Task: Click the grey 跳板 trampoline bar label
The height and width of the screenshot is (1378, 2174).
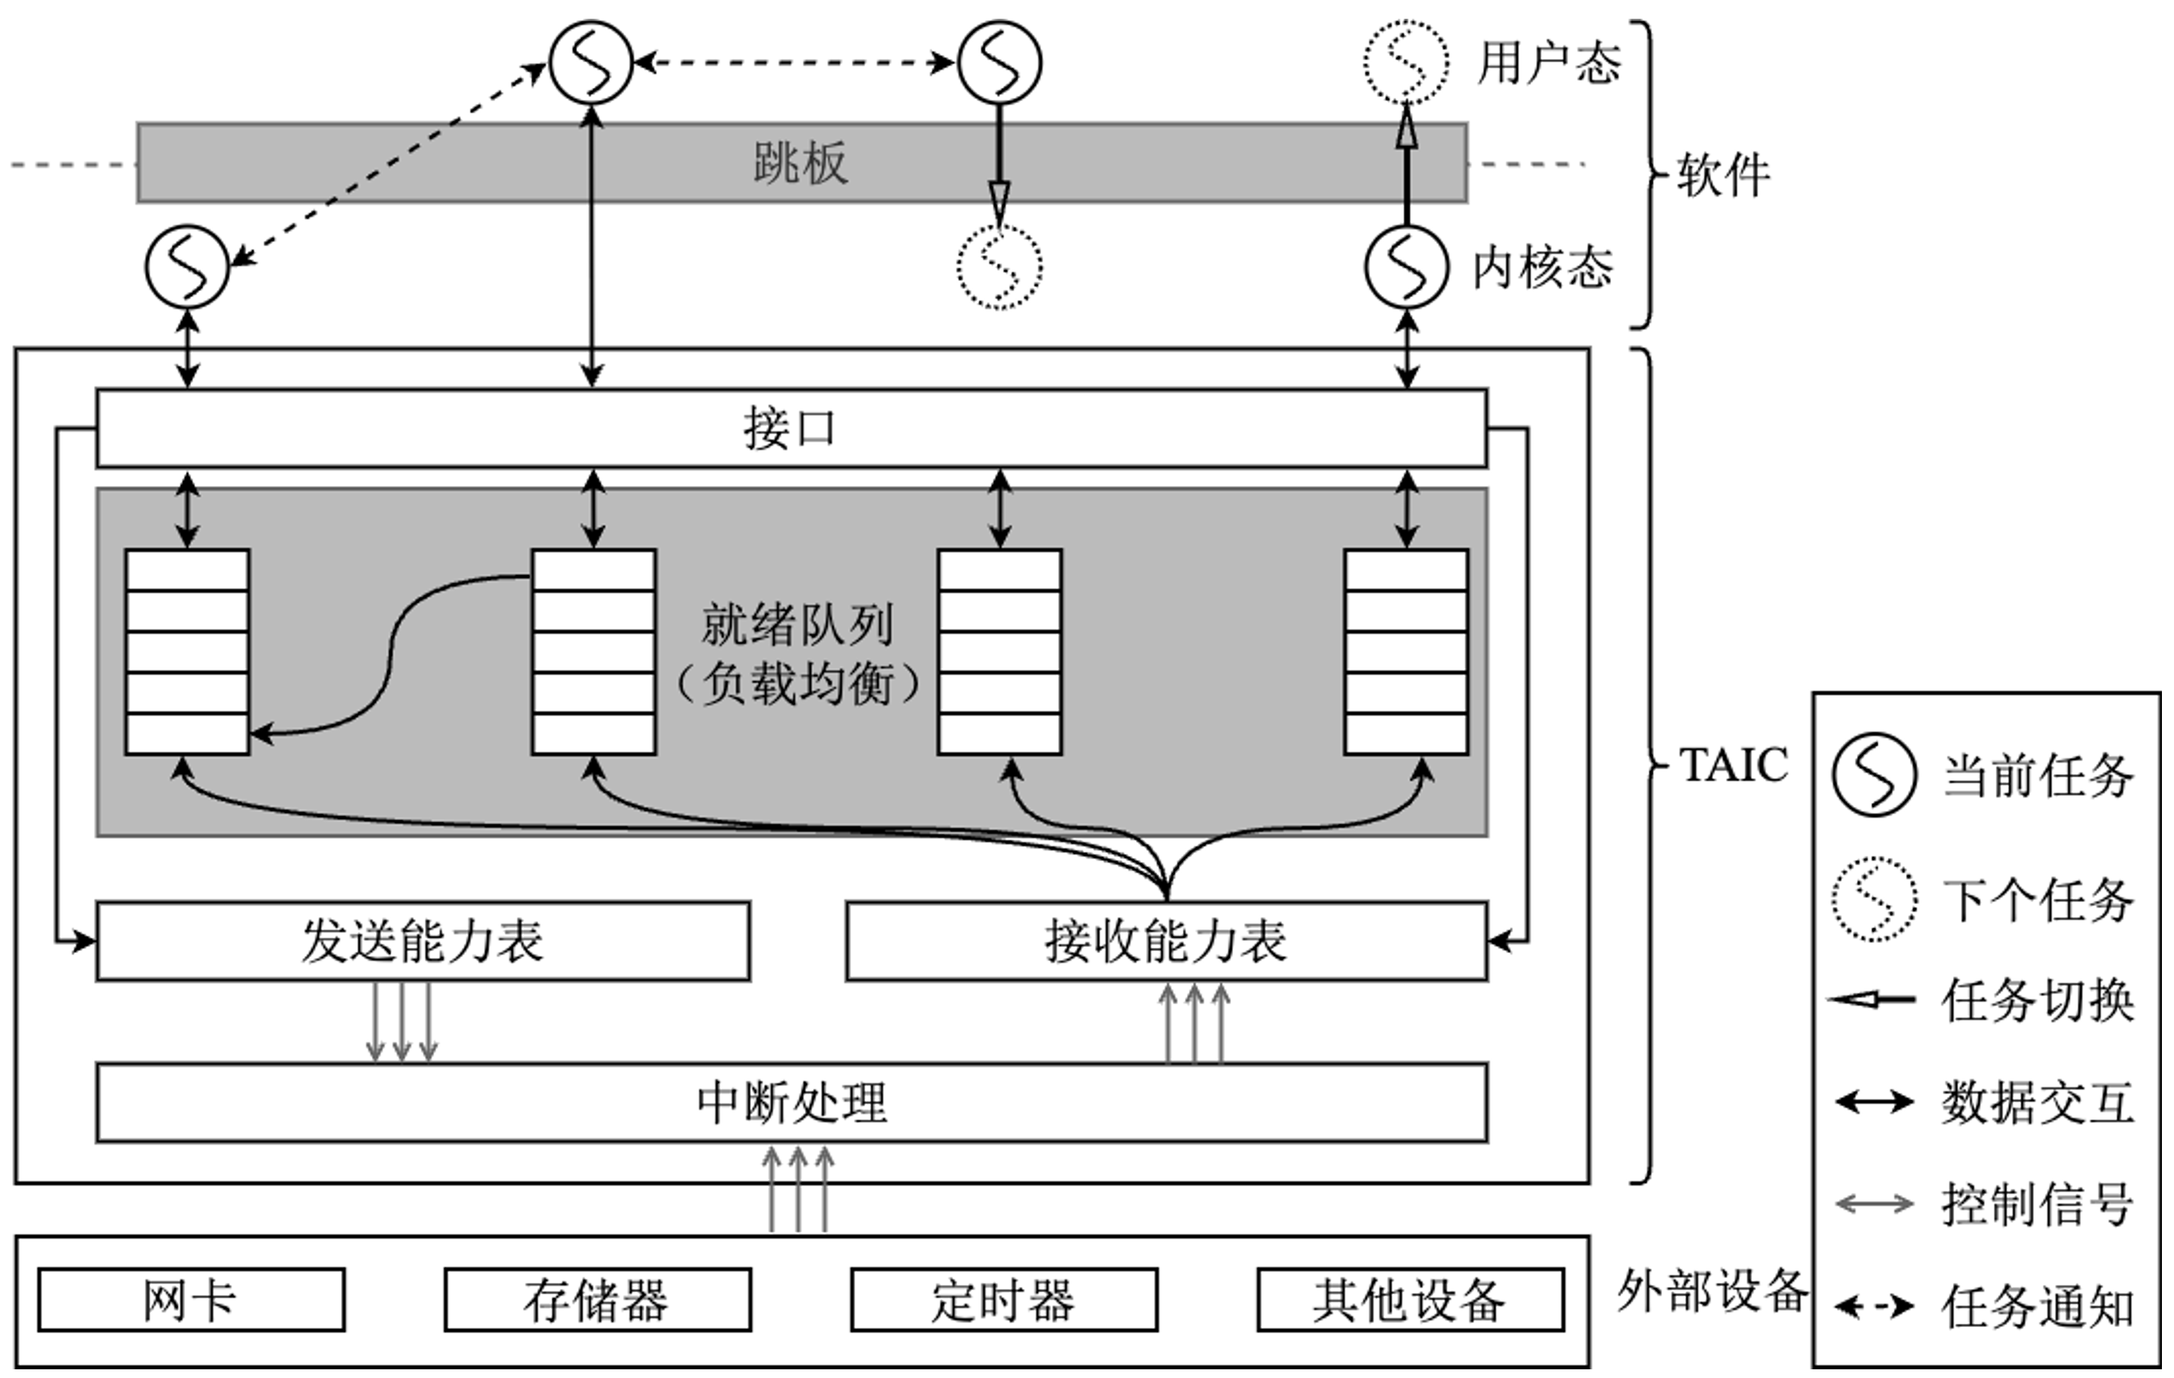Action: (x=800, y=164)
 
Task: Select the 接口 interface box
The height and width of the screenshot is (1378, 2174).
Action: (x=791, y=428)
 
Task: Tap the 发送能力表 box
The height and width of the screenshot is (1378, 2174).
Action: (x=422, y=941)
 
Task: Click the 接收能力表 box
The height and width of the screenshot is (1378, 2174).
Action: (x=1165, y=941)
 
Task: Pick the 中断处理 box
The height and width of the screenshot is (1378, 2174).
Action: (x=791, y=1103)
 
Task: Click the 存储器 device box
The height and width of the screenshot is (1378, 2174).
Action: (x=596, y=1300)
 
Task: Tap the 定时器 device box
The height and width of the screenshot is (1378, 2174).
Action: (x=1003, y=1300)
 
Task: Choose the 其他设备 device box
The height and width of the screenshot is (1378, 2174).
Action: (x=1409, y=1300)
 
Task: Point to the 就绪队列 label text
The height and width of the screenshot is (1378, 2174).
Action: (x=798, y=625)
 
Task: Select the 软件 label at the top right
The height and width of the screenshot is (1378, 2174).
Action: (x=1722, y=174)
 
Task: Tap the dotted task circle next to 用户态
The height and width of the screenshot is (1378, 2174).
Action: (x=1406, y=62)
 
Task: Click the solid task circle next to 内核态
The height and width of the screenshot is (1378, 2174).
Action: (x=1406, y=267)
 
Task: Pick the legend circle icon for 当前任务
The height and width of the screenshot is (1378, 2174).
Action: (x=1873, y=775)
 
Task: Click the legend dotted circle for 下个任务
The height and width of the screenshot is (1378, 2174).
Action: (x=1873, y=899)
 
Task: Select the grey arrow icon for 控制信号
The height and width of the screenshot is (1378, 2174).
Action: (x=1873, y=1204)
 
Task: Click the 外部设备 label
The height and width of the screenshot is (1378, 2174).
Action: (x=1712, y=1292)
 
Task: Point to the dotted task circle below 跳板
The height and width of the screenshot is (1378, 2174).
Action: (x=999, y=267)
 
